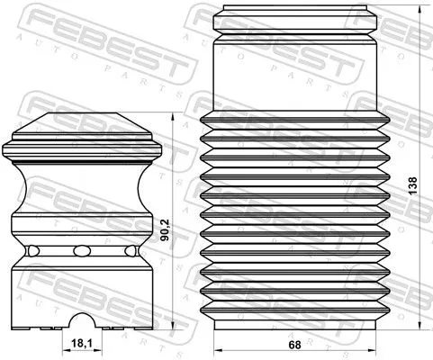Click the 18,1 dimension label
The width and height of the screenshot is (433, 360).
[x=81, y=342]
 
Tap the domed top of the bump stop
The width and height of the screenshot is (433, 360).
[x=82, y=126]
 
